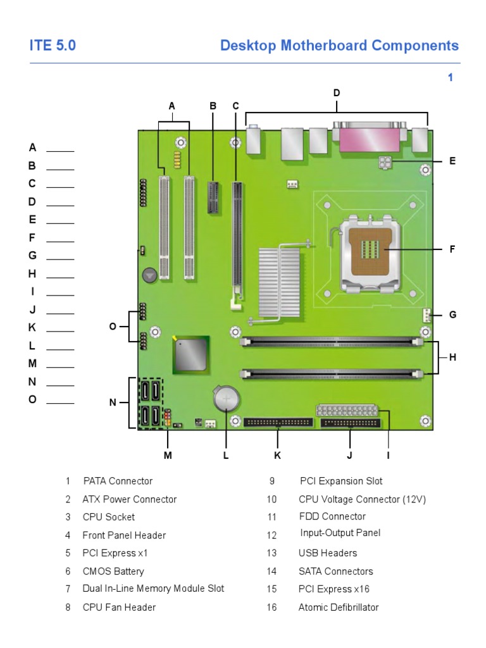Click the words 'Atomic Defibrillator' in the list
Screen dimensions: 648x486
click(x=339, y=607)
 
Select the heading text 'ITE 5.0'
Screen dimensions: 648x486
click(x=53, y=46)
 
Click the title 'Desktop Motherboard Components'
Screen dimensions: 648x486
click(x=339, y=46)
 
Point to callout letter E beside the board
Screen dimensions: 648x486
click(x=452, y=161)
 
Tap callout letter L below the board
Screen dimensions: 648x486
click(x=226, y=455)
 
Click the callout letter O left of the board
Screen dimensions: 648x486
click(x=113, y=327)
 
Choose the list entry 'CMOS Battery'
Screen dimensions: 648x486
click(x=113, y=571)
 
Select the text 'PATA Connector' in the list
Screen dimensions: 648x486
click(x=118, y=481)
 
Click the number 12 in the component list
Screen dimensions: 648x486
click(x=272, y=535)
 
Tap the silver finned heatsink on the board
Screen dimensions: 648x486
click(x=279, y=282)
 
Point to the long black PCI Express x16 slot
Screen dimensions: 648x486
click(x=237, y=240)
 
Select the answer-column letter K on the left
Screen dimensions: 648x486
click(x=32, y=328)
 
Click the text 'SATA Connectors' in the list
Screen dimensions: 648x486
click(x=336, y=571)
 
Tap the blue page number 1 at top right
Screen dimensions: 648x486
click(x=451, y=78)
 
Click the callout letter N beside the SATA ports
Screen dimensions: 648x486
click(x=113, y=402)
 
